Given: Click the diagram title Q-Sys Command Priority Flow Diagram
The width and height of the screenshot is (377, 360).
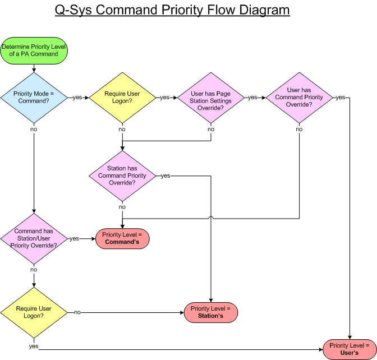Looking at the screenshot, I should point(172,10).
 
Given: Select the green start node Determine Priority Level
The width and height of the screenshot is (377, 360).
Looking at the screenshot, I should point(34,50).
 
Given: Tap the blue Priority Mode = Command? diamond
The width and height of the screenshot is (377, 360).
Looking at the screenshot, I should point(34,97).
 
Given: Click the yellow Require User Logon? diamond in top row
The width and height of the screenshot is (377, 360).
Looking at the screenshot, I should point(122,97).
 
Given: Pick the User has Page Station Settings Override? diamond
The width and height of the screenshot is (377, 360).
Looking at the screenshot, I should point(211,97).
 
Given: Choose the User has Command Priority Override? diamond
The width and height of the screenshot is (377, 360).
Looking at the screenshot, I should point(299,97).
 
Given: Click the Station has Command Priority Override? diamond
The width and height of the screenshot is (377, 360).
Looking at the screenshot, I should point(122,176).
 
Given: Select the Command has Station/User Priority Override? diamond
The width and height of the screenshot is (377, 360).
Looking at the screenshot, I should point(34,238).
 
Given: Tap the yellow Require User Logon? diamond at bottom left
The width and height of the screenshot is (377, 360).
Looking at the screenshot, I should point(34,312).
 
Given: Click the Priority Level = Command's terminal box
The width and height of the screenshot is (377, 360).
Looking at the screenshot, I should point(122,238).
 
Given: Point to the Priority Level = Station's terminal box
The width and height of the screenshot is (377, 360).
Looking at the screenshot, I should point(210,312).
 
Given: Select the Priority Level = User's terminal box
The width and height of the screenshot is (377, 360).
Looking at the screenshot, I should point(350,349).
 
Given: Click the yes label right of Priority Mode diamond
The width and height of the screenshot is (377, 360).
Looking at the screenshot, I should point(76,98).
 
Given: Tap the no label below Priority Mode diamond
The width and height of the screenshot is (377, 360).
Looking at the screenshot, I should point(34,130).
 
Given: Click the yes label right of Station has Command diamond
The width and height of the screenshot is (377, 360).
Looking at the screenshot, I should point(165,176).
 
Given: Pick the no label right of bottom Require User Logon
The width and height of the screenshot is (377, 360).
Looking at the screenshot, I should point(77,312).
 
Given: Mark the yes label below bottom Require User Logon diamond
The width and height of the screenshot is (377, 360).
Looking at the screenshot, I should point(34,346).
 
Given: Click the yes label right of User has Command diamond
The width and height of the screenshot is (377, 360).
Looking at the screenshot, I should point(340,98).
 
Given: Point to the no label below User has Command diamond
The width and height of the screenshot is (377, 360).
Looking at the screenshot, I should point(299,130).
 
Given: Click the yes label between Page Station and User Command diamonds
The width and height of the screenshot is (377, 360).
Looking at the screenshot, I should point(252,98).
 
